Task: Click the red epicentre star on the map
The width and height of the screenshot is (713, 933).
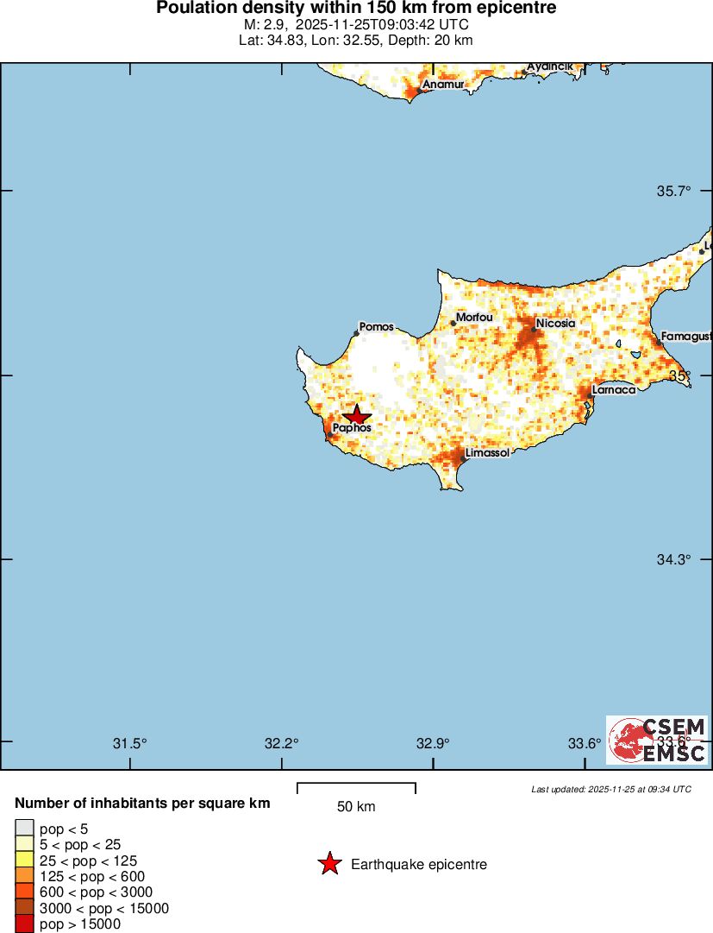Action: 356,415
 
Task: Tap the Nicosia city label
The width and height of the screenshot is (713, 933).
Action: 555,324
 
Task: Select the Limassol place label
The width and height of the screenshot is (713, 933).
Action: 487,453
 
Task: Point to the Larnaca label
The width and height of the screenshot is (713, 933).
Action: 614,389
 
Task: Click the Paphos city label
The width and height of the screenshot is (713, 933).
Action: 352,427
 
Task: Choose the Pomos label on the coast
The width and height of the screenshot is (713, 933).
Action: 377,327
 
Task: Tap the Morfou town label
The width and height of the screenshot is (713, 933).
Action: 474,318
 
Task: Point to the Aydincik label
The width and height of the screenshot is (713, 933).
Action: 549,66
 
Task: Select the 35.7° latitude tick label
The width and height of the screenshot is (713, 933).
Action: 674,191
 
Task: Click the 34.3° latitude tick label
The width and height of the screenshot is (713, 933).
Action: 674,559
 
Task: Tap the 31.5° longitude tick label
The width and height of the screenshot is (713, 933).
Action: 130,743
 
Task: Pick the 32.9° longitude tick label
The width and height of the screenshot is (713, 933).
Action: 433,743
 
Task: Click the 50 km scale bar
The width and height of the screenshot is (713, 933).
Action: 356,787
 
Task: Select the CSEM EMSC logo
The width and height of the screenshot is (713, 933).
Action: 658,740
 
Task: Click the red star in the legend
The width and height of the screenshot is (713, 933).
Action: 329,864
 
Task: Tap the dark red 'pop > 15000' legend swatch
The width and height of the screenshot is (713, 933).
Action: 25,924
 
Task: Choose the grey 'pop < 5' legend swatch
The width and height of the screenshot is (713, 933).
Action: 25,828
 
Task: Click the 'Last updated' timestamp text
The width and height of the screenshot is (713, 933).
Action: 610,789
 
